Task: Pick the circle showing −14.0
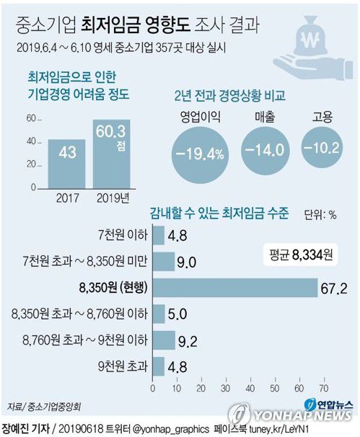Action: [264, 149]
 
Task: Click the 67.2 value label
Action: [333, 288]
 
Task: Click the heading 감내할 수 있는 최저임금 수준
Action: [219, 213]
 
